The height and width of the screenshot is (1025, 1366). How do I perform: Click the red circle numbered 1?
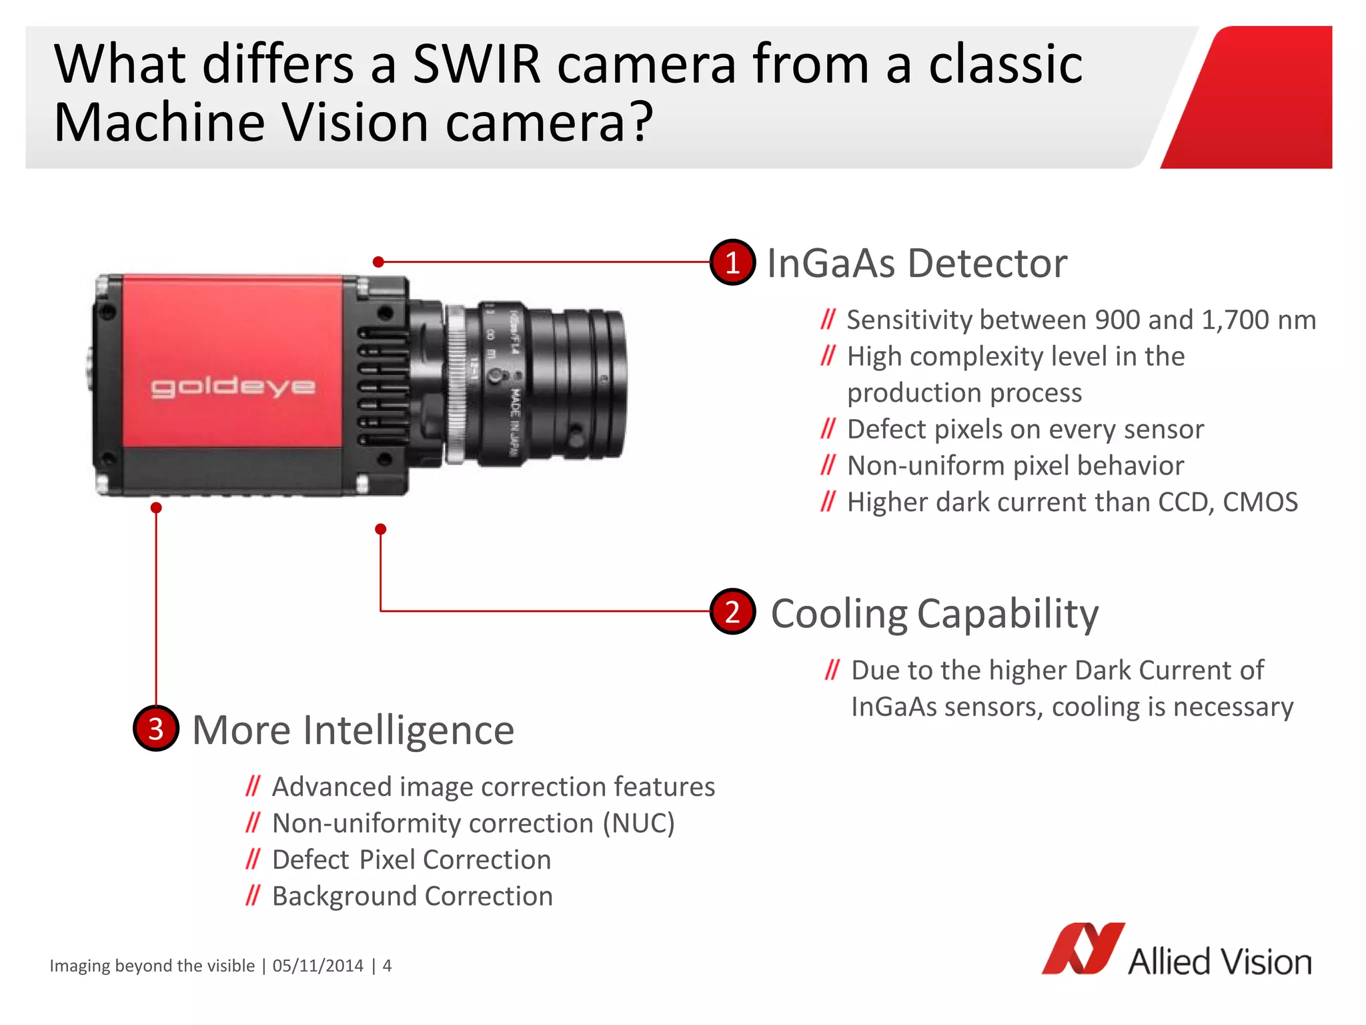732,262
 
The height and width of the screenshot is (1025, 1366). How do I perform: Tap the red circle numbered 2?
732,611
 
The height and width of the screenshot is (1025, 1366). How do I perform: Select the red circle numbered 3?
156,729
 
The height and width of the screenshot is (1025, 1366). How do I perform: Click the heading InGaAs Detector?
916,263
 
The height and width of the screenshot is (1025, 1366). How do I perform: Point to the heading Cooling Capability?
934,613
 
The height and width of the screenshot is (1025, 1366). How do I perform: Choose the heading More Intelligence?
353,730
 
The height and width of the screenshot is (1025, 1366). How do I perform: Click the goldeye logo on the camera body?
233,387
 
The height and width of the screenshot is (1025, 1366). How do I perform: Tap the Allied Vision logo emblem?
1083,948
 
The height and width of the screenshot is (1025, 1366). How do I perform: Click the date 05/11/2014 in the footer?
318,966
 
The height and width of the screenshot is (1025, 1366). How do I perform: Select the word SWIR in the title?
476,64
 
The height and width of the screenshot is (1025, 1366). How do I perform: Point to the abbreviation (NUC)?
638,823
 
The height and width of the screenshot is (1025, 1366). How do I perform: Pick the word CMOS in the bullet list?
1260,502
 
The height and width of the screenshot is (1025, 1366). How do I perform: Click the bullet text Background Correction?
412,896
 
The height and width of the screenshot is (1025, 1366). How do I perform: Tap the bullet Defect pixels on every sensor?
1025,429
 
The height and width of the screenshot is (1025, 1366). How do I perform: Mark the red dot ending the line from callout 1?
378,262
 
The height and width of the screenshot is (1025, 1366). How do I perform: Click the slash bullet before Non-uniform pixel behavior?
828,465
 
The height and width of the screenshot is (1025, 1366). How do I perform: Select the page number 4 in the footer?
387,966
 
